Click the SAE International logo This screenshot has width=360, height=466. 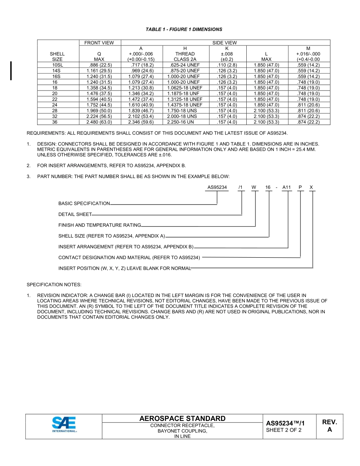(x=64, y=424)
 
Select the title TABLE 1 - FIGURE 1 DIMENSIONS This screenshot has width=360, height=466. (x=184, y=29)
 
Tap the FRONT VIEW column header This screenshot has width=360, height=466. (x=99, y=43)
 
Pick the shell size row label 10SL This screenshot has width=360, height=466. (x=58, y=65)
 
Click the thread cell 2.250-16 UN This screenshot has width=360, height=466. (x=183, y=122)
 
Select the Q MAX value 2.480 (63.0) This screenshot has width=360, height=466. (x=99, y=122)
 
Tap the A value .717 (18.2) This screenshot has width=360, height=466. (x=141, y=65)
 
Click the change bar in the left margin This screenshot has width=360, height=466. (x=11, y=71)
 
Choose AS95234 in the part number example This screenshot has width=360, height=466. (x=217, y=187)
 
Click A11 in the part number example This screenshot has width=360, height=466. (x=286, y=187)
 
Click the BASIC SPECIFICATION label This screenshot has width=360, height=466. (x=84, y=203)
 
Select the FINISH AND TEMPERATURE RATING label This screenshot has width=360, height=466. (x=100, y=225)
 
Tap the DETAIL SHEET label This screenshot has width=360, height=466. (x=75, y=214)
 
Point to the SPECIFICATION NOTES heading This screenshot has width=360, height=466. (x=54, y=285)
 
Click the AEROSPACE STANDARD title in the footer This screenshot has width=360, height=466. (x=182, y=419)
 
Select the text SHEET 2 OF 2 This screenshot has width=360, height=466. (x=284, y=430)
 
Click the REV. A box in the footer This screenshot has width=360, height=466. (x=329, y=426)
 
